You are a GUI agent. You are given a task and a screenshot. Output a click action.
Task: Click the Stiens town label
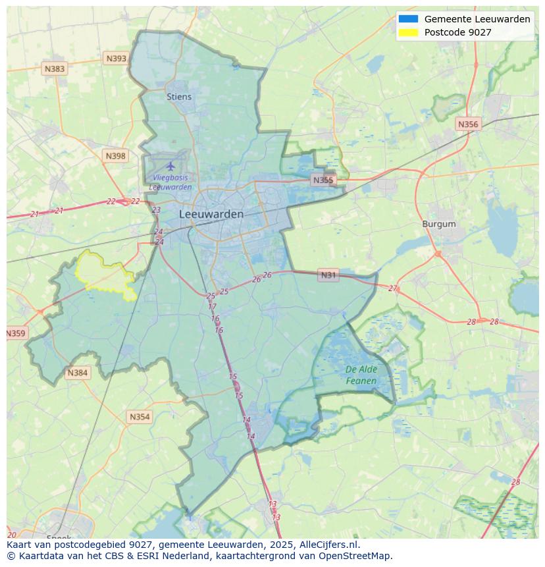[x=179, y=97]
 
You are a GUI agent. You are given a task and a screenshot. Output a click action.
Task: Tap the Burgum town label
[x=439, y=224]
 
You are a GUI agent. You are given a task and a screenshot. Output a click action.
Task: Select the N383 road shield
[x=55, y=68]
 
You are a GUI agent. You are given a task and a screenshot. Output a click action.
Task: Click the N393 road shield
[x=116, y=59]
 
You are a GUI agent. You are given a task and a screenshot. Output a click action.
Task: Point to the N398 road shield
[x=115, y=156]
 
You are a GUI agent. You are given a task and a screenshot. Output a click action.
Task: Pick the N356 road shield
[x=468, y=124]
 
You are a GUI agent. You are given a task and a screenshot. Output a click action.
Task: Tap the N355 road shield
[x=323, y=180]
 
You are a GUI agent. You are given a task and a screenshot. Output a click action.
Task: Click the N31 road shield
[x=328, y=275]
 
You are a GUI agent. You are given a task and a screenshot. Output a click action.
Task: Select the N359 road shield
[x=16, y=333]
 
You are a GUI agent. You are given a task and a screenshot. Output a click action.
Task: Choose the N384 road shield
[x=77, y=373]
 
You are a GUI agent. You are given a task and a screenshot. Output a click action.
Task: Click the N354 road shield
[x=140, y=417]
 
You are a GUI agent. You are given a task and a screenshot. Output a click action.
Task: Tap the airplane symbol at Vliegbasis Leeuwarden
[x=171, y=165]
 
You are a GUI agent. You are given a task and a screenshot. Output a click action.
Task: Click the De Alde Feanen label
[x=361, y=375]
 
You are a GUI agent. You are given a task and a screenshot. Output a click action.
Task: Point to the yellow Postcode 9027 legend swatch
[x=408, y=32]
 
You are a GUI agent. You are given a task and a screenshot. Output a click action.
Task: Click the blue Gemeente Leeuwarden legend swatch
[x=408, y=19]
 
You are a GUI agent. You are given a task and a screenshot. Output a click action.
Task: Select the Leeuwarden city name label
[x=211, y=214]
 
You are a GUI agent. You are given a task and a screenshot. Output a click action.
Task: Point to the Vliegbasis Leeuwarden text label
[x=170, y=182]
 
